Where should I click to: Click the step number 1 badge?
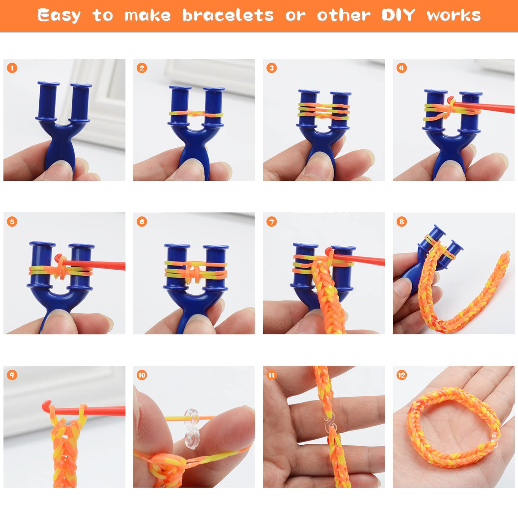tap(12, 68)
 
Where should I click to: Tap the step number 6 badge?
tap(142, 222)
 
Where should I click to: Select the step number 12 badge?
tap(401, 375)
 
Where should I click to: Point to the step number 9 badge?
tap(12, 375)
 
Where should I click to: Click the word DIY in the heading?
tap(398, 15)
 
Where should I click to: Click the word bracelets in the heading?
tap(228, 15)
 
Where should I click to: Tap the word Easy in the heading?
tap(59, 16)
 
